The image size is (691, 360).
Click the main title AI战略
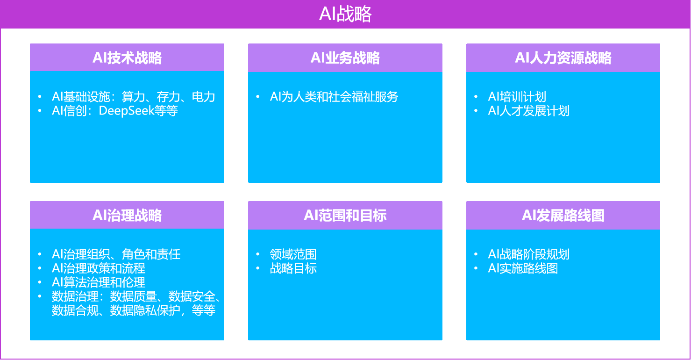click(x=345, y=14)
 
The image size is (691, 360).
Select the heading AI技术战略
click(x=127, y=58)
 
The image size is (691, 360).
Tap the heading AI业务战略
click(x=345, y=58)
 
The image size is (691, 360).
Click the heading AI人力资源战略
click(x=563, y=58)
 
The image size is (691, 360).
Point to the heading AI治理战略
click(x=127, y=215)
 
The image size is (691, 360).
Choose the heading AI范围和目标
click(x=345, y=215)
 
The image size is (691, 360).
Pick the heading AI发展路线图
click(x=563, y=215)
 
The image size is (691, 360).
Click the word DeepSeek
click(x=126, y=111)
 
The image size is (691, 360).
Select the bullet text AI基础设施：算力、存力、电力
click(x=134, y=97)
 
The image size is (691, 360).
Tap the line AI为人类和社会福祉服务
click(x=334, y=97)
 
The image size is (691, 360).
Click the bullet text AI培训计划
click(x=517, y=97)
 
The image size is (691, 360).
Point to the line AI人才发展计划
click(x=529, y=111)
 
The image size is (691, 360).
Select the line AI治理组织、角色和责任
click(x=116, y=254)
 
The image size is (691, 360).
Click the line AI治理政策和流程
click(x=99, y=268)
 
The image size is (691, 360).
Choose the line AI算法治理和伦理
click(x=99, y=282)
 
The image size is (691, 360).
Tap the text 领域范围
click(x=293, y=254)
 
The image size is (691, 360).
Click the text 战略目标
click(x=293, y=268)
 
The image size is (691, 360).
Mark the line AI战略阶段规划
click(x=529, y=254)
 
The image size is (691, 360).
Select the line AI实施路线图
click(x=523, y=268)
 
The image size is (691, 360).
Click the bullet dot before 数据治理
click(x=40, y=296)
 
